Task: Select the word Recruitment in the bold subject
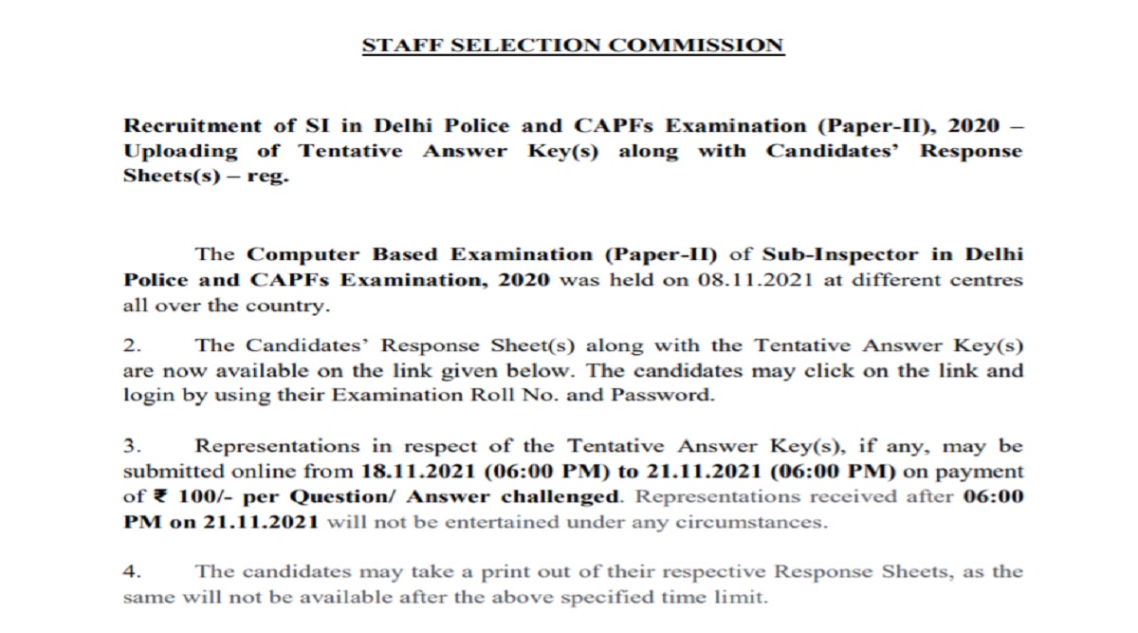pyautogui.click(x=183, y=126)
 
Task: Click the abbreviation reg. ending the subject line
pyautogui.click(x=268, y=177)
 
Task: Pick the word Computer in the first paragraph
pyautogui.click(x=300, y=255)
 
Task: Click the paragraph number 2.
pyautogui.click(x=130, y=345)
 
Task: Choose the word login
pyautogui.click(x=147, y=396)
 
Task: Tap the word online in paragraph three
pyautogui.click(x=253, y=472)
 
